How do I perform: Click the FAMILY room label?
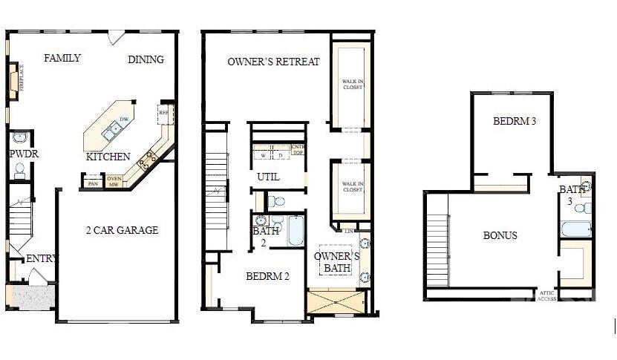coord(62,58)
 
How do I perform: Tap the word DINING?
coord(146,59)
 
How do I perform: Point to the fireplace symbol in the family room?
coord(13,81)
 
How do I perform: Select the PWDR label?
coord(23,154)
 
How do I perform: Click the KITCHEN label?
coord(108,157)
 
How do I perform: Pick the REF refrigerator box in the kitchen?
coord(164,114)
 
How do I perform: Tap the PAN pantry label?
coord(93,183)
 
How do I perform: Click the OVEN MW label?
coord(114,181)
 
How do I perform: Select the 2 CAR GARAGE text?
coord(121,230)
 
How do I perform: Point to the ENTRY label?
coord(42,259)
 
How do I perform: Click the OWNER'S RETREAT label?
coord(273,62)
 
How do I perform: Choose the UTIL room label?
coord(268,177)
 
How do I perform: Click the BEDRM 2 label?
coord(267,276)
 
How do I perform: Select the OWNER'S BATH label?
coord(336,263)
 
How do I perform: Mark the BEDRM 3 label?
coord(515,121)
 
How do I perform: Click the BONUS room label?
coord(500,235)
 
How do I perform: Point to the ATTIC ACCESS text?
coord(546,295)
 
